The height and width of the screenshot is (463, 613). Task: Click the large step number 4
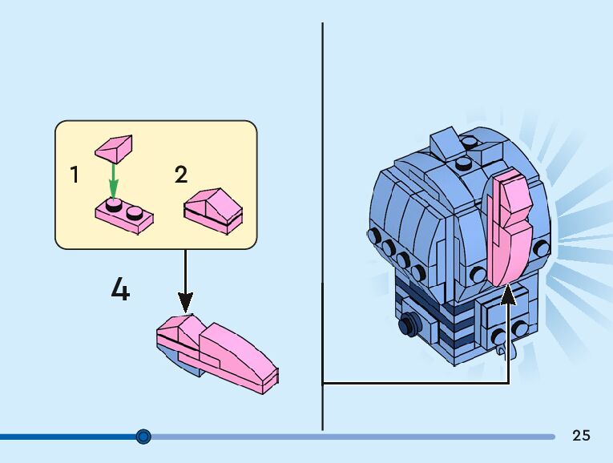[120, 289]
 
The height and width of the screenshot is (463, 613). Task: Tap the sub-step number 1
[75, 174]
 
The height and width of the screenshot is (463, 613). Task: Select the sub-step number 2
[181, 174]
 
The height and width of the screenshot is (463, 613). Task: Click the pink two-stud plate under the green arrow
[124, 215]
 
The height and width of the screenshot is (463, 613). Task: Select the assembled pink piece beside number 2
[213, 210]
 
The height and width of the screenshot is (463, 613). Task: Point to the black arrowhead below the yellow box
[185, 303]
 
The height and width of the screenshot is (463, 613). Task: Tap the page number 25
[581, 436]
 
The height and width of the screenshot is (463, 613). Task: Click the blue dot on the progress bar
[143, 437]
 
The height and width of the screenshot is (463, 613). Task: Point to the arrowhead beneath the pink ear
[508, 296]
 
